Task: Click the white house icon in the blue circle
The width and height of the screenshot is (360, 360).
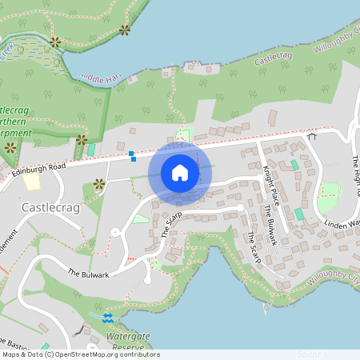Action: (180, 172)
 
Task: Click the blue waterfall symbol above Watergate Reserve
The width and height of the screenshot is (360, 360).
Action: (108, 318)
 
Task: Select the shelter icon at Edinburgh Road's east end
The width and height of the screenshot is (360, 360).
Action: (312, 136)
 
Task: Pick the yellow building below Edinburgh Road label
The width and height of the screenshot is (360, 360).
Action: (32, 182)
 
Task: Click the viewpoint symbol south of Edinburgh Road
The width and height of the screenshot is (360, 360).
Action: (100, 184)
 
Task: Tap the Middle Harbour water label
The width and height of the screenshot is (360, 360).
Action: (100, 78)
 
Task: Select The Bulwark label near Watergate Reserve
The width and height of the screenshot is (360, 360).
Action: (88, 273)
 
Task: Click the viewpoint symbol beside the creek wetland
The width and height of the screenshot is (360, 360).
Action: (55, 42)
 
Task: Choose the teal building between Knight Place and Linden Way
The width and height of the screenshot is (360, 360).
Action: (299, 214)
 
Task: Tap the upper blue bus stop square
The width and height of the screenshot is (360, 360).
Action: (130, 152)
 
